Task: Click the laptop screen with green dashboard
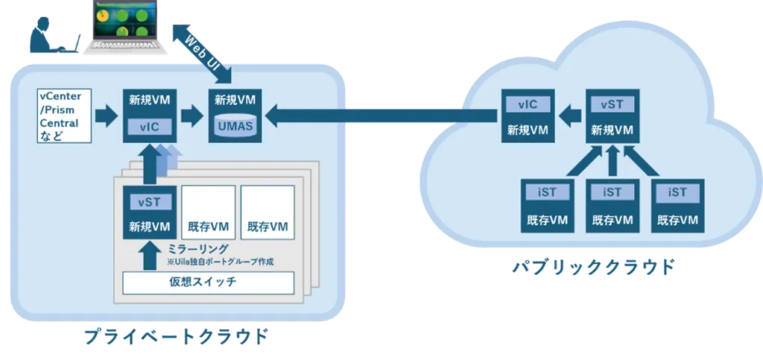click(x=123, y=20)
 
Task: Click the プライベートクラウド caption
click(x=176, y=336)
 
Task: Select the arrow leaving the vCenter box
click(x=107, y=116)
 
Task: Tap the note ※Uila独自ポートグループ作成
click(x=219, y=262)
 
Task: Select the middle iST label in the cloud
click(x=612, y=192)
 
